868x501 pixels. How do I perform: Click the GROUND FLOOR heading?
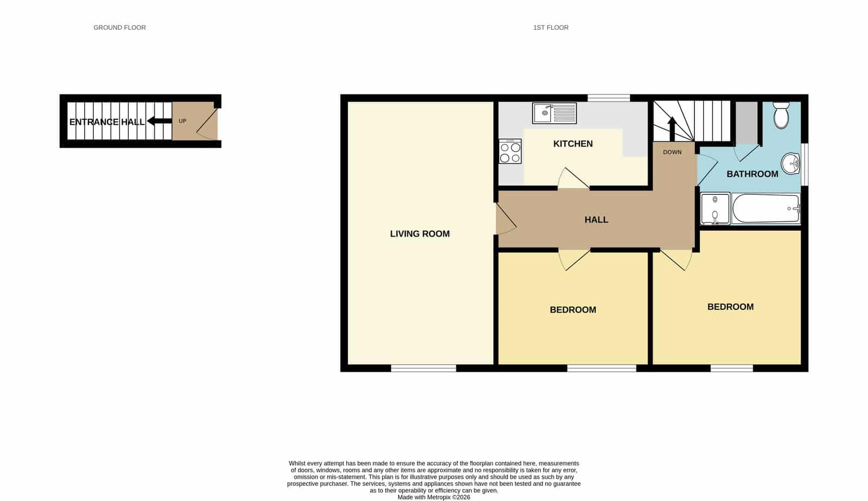tap(119, 28)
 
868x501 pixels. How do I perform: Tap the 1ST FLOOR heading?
tap(551, 28)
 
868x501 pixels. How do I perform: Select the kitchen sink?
tap(554, 113)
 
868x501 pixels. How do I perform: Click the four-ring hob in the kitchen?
tap(510, 151)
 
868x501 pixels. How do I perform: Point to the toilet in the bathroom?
tap(781, 115)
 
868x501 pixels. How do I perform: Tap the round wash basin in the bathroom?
tap(790, 163)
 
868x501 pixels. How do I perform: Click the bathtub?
tap(766, 208)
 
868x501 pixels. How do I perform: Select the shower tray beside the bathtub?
tap(715, 208)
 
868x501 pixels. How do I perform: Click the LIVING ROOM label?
tap(420, 234)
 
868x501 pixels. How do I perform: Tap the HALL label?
tap(596, 220)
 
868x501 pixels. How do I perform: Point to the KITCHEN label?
tap(573, 144)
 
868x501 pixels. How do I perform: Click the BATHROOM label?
tap(752, 174)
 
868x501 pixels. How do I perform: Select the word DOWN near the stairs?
tap(672, 153)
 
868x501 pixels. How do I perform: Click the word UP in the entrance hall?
tap(182, 121)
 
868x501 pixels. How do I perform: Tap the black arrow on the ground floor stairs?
tap(159, 121)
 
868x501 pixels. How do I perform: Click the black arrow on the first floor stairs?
tap(672, 129)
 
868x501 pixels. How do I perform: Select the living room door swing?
tap(506, 219)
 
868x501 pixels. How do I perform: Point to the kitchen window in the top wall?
tap(608, 98)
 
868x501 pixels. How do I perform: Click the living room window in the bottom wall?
tap(424, 369)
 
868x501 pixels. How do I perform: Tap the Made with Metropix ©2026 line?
tap(433, 497)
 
